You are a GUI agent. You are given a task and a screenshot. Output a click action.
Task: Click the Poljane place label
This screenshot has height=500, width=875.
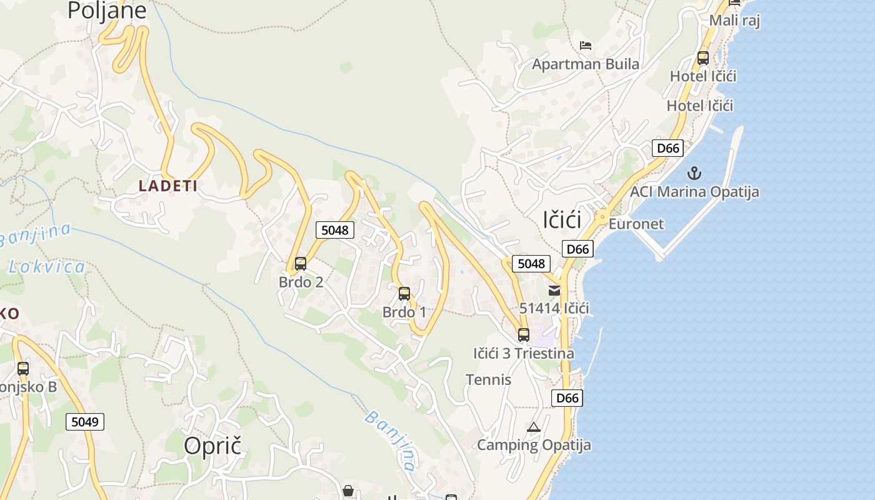click(x=107, y=11)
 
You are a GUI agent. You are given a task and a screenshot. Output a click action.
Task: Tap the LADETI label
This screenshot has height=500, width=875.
click(x=168, y=186)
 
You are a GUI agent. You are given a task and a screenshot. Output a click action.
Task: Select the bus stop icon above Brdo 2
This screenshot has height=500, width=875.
click(x=301, y=264)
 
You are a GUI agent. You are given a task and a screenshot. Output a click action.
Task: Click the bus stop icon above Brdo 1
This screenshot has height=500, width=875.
click(x=404, y=293)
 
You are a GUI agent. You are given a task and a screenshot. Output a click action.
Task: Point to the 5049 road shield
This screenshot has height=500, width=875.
click(x=85, y=422)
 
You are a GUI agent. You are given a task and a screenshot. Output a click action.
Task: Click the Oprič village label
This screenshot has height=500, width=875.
click(x=212, y=446)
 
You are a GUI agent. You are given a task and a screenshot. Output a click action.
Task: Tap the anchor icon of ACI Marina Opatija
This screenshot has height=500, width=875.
click(x=694, y=173)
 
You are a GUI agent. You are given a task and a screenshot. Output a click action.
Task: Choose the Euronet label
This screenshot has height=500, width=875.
click(x=636, y=224)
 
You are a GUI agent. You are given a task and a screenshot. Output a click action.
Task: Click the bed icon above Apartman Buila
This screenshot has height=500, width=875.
click(x=586, y=46)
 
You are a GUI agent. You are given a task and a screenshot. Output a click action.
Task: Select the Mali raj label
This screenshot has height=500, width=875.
click(x=734, y=21)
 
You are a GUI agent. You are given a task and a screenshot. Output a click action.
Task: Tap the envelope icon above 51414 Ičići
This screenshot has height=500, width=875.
click(x=554, y=290)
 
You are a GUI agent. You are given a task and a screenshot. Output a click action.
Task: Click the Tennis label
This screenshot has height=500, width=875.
click(x=489, y=380)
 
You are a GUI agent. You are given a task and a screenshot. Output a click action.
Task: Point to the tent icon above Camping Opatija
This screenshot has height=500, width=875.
click(x=533, y=427)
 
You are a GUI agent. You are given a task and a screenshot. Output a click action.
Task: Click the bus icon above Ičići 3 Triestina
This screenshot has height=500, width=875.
click(x=524, y=335)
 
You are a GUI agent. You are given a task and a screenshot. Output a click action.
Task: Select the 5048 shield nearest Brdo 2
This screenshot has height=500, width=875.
click(x=334, y=230)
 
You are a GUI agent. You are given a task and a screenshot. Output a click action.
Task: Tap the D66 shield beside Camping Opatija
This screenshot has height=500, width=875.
click(x=567, y=398)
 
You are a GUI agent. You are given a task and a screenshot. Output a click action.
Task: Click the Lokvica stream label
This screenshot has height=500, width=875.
click(x=47, y=267)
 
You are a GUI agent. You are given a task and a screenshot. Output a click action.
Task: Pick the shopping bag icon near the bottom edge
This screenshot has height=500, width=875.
click(x=348, y=491)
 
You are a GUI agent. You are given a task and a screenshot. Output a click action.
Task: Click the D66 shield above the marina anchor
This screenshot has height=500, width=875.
click(x=667, y=148)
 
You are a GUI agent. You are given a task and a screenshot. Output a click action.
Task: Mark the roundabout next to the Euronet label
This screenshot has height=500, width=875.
click(x=602, y=217)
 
